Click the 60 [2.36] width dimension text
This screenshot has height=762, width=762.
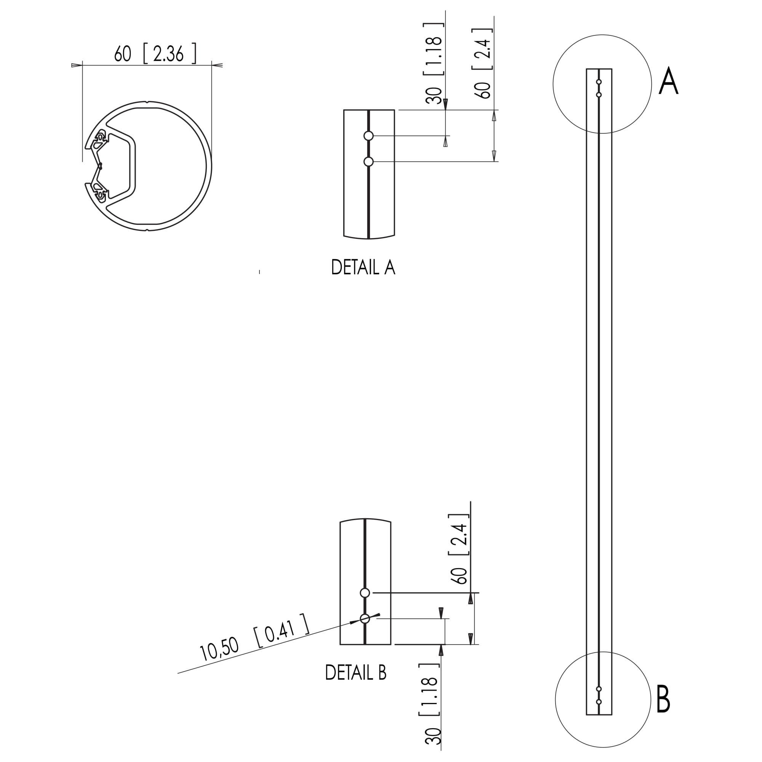tap(155, 54)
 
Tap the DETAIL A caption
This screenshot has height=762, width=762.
tap(363, 268)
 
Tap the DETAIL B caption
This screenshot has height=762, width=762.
tap(355, 673)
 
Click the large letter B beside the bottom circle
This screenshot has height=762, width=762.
tap(663, 699)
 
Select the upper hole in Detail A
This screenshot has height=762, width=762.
tap(368, 136)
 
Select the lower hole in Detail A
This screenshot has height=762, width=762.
tap(368, 162)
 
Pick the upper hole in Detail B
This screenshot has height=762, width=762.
tap(365, 593)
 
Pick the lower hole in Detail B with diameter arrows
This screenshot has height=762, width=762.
tap(365, 619)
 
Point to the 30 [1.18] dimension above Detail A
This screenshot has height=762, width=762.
tap(434, 63)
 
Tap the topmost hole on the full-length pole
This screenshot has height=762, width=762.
tap(599, 82)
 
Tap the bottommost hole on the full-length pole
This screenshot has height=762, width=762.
tap(599, 702)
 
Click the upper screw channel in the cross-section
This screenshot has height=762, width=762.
tap(101, 138)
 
